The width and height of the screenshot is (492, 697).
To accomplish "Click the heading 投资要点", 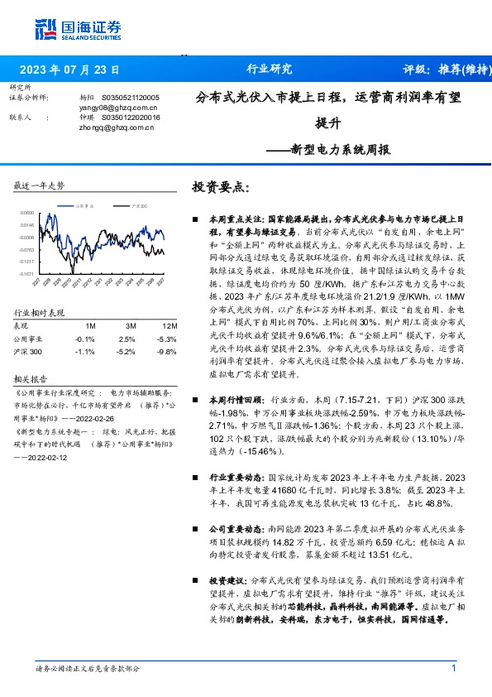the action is [220, 187].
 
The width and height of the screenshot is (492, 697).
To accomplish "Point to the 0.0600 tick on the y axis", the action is [27, 212].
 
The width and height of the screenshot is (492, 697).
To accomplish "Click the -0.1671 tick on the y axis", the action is [27, 273].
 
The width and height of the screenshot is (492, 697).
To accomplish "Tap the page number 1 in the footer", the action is [453, 669].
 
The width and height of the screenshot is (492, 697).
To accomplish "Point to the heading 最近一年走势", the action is [39, 186].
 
